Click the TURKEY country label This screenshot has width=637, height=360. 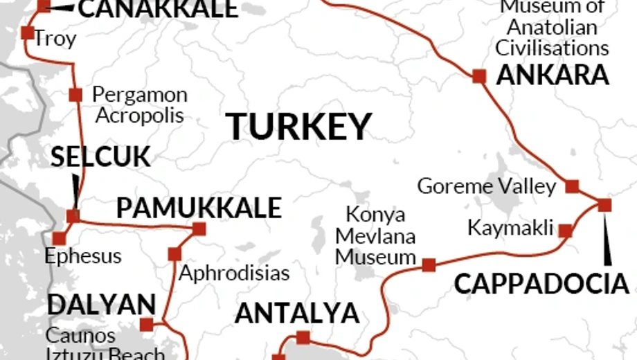(299, 127)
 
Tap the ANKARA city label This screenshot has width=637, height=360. (553, 75)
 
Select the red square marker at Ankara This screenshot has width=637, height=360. (478, 76)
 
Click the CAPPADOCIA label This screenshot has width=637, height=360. (541, 284)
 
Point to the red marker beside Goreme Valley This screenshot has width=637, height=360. (572, 186)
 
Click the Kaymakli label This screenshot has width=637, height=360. (511, 227)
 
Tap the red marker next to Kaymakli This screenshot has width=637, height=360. (565, 231)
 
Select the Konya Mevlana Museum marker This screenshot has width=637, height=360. (429, 264)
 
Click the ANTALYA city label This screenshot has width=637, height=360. (297, 314)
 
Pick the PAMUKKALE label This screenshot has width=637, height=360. (199, 208)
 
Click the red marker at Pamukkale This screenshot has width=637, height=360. (199, 228)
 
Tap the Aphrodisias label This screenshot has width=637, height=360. (234, 272)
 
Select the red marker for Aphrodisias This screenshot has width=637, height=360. (174, 254)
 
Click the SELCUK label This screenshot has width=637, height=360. (100, 157)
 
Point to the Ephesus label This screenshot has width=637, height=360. (82, 256)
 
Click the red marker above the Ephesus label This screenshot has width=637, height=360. (60, 238)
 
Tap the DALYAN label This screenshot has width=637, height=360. (101, 305)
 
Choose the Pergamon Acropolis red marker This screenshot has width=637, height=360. (75, 95)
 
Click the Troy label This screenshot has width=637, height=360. (55, 39)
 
